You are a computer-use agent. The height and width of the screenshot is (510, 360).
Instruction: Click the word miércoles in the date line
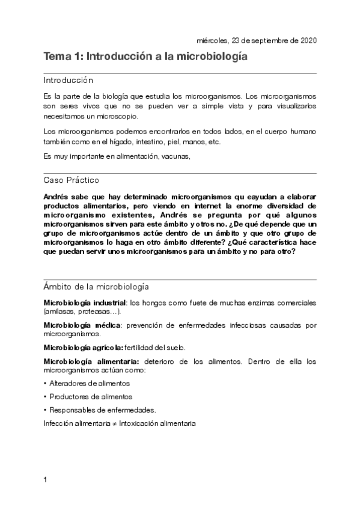pos(212,40)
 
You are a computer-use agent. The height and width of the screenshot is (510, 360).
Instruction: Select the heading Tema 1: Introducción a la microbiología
pos(145,57)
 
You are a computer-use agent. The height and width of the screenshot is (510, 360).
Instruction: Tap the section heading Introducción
pos(68,80)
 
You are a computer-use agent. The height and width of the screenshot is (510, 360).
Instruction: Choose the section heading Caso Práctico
pos(72,180)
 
